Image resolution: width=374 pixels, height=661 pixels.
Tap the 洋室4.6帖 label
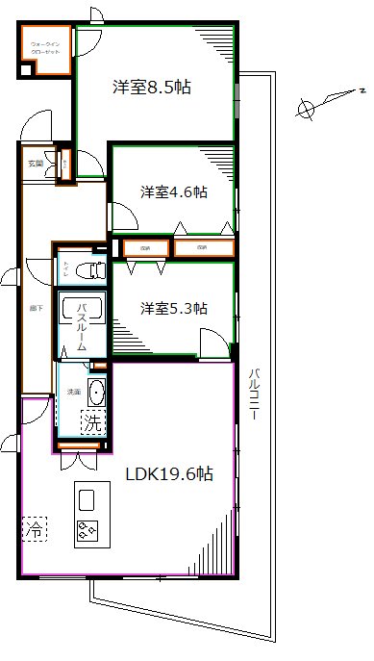(x=173, y=191)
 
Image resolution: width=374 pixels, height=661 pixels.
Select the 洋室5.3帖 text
(x=174, y=308)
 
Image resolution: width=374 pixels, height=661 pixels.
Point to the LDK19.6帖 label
(x=170, y=473)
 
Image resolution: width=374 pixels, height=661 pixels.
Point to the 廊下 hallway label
(x=36, y=307)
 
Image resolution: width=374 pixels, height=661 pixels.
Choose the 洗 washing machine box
(x=91, y=421)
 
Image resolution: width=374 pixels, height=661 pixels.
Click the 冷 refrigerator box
(x=34, y=527)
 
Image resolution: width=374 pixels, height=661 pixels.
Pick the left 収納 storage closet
(x=143, y=248)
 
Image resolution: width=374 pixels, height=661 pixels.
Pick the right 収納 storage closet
(x=202, y=248)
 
